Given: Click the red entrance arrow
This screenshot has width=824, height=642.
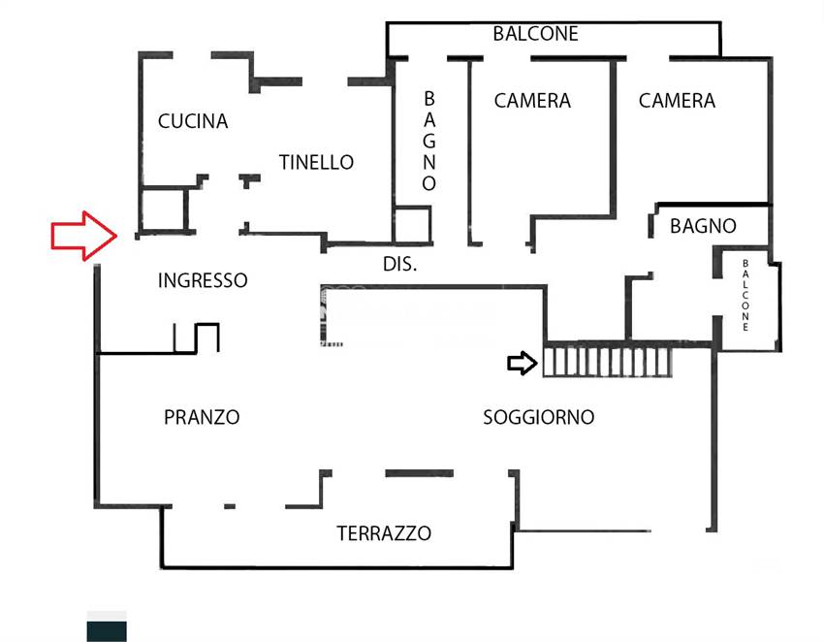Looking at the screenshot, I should point(83,236).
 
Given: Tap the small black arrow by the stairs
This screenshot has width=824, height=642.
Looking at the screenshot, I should point(522,364).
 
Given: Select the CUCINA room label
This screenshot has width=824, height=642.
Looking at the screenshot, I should point(193,121).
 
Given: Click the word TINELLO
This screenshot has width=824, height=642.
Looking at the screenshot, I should point(317,162).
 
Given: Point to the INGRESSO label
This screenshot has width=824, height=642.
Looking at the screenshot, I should point(203,280).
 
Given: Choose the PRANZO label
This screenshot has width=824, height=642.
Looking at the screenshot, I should point(202,417).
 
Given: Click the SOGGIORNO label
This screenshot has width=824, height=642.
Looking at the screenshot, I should point(539,417).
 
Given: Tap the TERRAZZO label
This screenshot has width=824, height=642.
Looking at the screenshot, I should point(384,533).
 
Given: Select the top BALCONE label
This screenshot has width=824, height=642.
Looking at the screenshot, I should point(535,34).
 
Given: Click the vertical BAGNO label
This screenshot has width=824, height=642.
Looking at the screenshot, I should point(429,141).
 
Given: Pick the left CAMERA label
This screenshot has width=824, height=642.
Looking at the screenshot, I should point(532,100).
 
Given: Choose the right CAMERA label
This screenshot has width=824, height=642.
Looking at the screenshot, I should point(677,100).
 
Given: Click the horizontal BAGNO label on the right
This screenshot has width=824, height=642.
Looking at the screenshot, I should point(703,226).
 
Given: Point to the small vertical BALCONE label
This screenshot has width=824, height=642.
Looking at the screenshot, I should point(745,296).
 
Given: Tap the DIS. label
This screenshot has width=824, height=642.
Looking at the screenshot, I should point(399,264).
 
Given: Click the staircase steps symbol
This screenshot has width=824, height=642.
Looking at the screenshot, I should point(607,362).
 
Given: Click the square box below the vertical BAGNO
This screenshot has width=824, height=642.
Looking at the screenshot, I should point(412,225).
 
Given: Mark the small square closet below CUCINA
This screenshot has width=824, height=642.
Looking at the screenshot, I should point(161,209).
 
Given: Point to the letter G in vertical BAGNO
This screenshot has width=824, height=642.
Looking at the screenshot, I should point(429,141).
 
